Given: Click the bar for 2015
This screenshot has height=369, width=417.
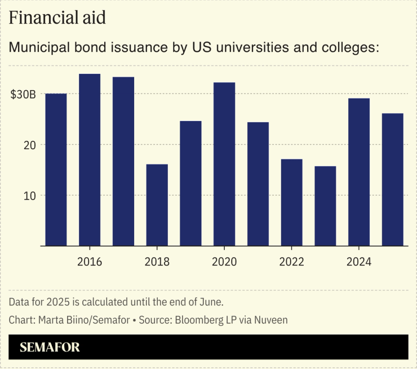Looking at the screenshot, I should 56,170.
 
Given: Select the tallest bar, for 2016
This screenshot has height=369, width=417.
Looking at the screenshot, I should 90,160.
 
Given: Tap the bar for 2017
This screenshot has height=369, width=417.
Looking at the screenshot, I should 123,162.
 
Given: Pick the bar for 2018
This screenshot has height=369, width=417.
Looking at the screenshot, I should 157,205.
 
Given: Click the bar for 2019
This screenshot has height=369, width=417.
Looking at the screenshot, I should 190,184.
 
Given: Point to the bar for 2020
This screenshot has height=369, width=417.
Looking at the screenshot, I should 224,165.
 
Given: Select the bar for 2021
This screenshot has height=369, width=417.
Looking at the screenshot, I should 258,184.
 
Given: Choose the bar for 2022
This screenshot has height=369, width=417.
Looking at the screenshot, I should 291,203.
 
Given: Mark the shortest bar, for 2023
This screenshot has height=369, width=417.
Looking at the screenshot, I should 325,206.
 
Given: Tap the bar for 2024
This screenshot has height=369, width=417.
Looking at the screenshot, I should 359,172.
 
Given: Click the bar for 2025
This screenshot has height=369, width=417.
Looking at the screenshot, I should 393,180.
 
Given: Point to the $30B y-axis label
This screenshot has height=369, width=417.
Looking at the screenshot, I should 23,95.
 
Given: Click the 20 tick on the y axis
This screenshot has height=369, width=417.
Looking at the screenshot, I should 29,145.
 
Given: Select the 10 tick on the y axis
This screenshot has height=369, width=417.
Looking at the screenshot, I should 29,195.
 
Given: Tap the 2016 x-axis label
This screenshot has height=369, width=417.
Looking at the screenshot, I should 90,262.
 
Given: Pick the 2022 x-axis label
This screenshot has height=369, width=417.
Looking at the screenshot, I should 291,262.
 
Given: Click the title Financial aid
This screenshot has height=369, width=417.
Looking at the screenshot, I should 57,17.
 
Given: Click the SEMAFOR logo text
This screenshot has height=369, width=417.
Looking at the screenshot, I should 50,347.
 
